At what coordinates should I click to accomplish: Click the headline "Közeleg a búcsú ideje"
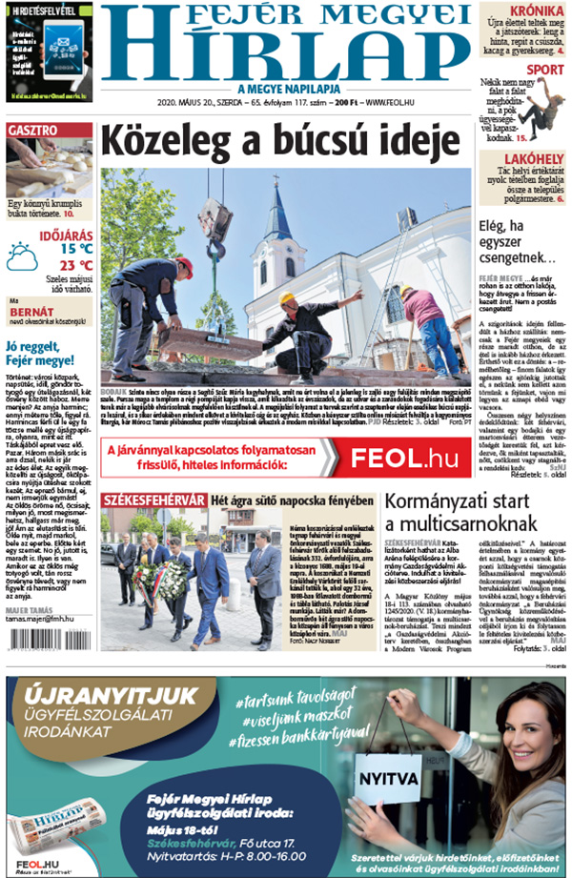coord(274,141)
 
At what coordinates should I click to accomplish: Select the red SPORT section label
coord(545,70)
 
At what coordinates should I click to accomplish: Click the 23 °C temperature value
coord(76,266)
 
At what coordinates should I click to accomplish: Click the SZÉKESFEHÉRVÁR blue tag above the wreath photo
coord(153,500)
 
